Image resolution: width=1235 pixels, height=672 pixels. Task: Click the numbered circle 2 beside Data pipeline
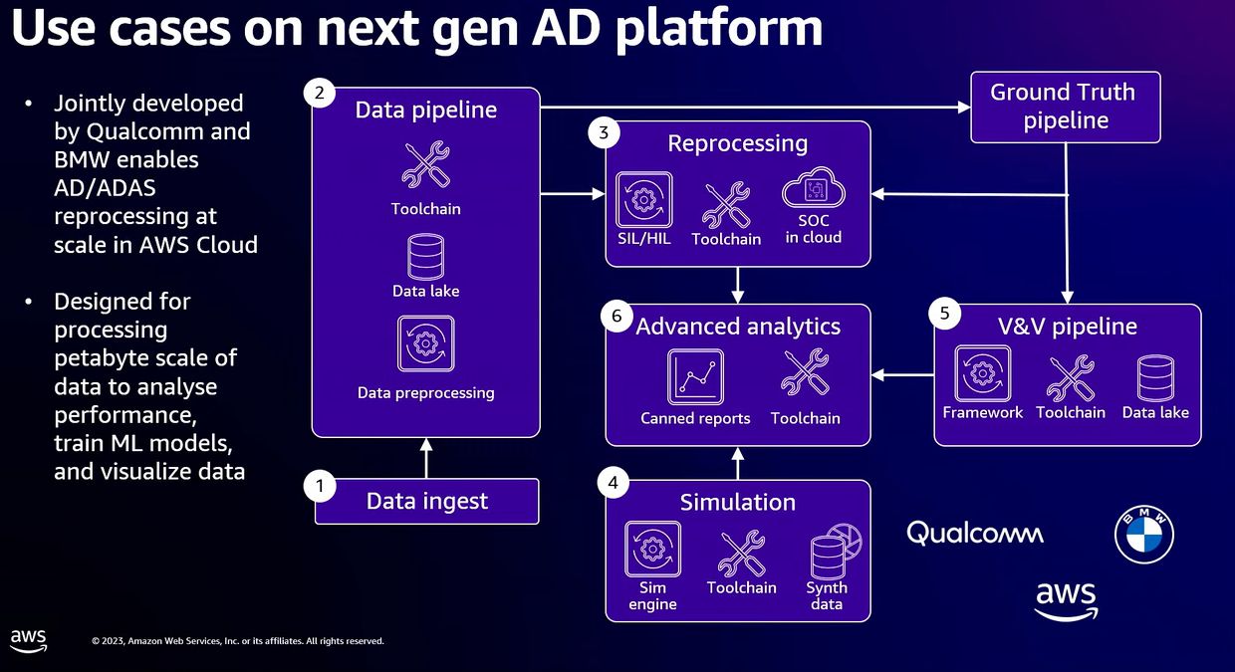click(319, 94)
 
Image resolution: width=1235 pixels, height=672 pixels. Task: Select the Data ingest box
click(426, 501)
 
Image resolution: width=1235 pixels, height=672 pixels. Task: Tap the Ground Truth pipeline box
click(1065, 107)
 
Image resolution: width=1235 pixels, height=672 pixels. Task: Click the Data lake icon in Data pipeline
click(425, 257)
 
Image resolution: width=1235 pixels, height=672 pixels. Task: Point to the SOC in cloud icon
click(813, 189)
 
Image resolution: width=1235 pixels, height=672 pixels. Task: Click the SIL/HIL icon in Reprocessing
click(643, 199)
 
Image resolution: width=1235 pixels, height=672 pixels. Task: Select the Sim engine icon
click(652, 550)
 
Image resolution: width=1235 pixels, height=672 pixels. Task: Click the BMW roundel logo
click(1143, 535)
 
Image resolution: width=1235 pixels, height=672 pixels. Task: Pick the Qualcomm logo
click(975, 534)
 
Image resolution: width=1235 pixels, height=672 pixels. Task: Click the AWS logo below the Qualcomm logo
click(1066, 600)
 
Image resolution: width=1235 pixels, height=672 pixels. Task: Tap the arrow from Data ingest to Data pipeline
click(426, 458)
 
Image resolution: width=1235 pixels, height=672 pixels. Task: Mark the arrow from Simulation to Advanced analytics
click(738, 462)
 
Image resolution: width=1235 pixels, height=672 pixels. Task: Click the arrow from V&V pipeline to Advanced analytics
click(901, 375)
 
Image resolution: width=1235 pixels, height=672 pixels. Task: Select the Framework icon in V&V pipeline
click(982, 374)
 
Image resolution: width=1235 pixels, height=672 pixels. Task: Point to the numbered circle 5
click(944, 313)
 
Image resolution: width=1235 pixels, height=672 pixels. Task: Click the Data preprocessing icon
click(425, 344)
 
